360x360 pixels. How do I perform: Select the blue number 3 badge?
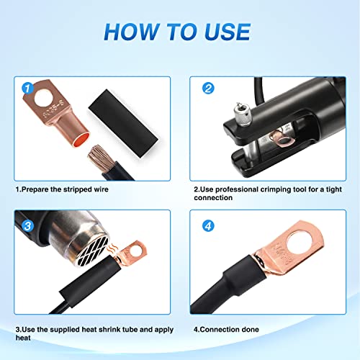(28, 225)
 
